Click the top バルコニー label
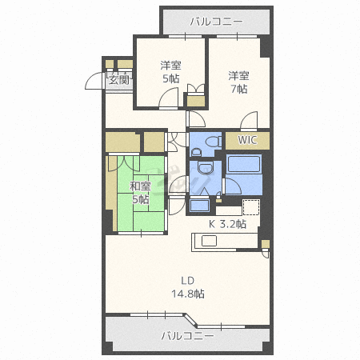(x=216, y=22)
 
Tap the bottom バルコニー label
(x=187, y=335)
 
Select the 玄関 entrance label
(x=119, y=79)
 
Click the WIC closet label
(x=247, y=140)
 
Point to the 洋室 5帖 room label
(x=170, y=72)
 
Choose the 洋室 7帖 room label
(x=238, y=82)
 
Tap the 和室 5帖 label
(x=140, y=193)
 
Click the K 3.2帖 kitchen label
(x=227, y=224)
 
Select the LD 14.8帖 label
(x=188, y=287)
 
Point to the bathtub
(x=243, y=164)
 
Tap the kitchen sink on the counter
(x=209, y=241)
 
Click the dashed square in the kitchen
(x=251, y=207)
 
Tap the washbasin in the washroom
(x=205, y=167)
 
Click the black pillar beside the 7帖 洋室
(x=266, y=47)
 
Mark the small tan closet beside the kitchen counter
(x=266, y=244)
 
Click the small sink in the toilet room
(x=197, y=153)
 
